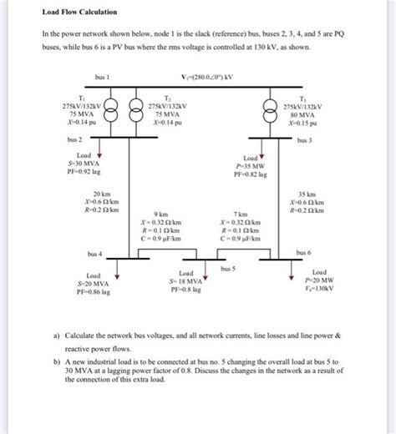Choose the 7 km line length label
tap(241, 214)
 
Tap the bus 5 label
tap(228, 269)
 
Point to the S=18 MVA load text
tap(186, 281)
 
